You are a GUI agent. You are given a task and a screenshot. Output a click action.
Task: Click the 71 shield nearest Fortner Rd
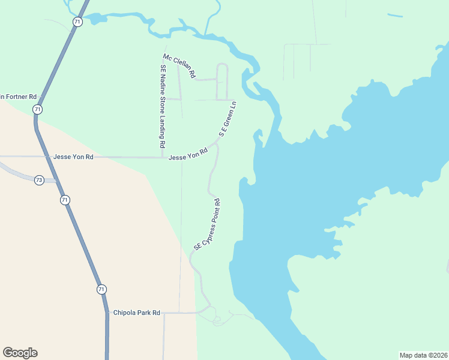point(38,109)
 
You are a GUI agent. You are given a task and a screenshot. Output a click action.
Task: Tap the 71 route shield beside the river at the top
point(77,22)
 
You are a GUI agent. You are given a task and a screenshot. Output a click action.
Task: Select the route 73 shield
point(39,180)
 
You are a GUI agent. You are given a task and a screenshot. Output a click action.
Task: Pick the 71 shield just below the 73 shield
point(65,199)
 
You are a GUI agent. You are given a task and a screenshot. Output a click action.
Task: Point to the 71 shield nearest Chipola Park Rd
point(101,289)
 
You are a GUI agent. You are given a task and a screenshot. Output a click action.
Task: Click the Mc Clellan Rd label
point(179,66)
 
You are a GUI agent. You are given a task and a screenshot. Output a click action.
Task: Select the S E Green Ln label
point(228,119)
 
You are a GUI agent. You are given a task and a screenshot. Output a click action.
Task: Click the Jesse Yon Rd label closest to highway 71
point(73,157)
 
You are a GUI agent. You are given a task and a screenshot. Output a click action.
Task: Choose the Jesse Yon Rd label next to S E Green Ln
point(188,155)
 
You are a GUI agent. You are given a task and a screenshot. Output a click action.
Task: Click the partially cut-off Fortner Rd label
point(18,96)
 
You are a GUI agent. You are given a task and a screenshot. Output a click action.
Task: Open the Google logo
point(20,353)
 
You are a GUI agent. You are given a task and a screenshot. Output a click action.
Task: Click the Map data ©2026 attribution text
point(423,355)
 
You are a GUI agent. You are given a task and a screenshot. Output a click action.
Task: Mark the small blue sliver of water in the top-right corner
point(395,15)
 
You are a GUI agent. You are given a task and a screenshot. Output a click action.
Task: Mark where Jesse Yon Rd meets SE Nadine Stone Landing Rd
point(163,157)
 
